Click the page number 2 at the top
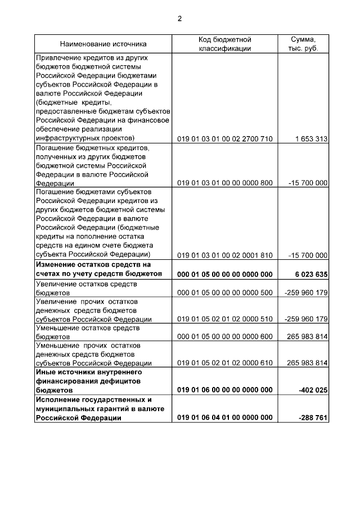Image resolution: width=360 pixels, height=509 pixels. (179, 19)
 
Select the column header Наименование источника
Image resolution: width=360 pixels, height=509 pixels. (103, 44)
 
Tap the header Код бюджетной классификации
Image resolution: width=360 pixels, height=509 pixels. (224, 44)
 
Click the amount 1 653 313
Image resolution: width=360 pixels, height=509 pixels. (310, 138)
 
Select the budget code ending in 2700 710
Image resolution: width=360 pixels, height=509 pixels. (224, 138)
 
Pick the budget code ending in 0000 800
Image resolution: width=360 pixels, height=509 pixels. (224, 183)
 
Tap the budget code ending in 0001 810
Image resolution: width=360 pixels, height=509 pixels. (224, 255)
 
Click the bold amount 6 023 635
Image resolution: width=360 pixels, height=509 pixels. (310, 274)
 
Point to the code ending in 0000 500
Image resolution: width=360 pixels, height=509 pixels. (224, 292)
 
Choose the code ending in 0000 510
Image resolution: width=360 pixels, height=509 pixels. (224, 319)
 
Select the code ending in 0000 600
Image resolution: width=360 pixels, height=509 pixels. (224, 337)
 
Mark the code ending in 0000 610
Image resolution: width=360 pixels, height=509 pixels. (224, 363)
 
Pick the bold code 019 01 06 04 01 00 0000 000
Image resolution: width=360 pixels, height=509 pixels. (224, 417)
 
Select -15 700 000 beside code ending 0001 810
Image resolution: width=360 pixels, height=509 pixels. (308, 255)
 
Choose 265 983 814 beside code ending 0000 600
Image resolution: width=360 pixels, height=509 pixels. (307, 337)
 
